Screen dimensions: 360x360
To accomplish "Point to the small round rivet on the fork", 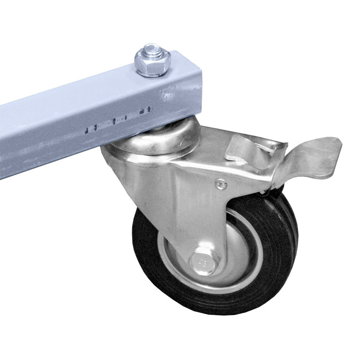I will point(220,185).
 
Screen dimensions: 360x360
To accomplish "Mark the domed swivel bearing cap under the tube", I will point(173,137).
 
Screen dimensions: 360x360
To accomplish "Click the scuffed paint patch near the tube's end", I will point(169,94).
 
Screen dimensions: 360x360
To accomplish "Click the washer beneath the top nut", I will point(153,74).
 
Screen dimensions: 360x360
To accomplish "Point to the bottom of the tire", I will point(216,311).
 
